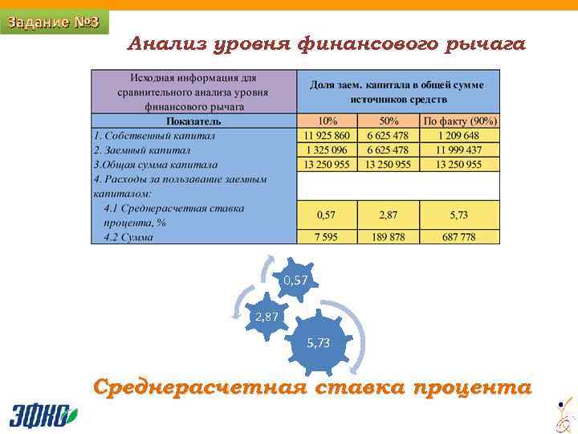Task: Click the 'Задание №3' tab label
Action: [53, 23]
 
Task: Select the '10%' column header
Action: [328, 121]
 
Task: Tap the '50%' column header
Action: [389, 121]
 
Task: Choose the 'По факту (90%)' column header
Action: [460, 121]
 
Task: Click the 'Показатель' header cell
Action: [193, 121]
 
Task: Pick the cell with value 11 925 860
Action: [328, 136]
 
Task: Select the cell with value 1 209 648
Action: [459, 136]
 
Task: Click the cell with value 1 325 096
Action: [328, 149]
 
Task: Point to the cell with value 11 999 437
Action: [459, 149]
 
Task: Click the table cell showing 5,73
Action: [459, 215]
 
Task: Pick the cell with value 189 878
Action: [389, 237]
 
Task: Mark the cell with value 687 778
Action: [459, 237]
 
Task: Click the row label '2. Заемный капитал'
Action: [142, 149]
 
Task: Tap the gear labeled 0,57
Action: [295, 280]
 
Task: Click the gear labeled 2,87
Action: [267, 317]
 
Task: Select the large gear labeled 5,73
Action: [318, 343]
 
